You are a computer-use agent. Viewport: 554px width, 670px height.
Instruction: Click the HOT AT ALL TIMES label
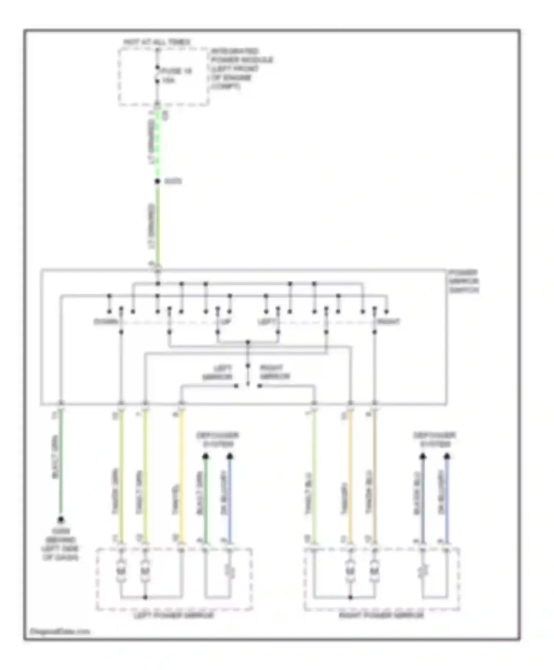157,42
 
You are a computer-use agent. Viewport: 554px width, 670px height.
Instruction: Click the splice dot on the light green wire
157,181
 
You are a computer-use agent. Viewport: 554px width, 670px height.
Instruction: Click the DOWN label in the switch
106,322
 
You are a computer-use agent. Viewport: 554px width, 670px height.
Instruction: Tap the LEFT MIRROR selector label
218,372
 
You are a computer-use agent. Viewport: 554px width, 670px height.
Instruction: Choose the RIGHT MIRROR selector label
275,372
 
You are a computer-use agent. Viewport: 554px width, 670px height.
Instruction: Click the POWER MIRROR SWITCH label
464,281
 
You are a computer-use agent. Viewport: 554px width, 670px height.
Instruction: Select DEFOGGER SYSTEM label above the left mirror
218,440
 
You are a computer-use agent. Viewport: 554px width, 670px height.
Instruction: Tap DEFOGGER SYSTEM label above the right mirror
435,440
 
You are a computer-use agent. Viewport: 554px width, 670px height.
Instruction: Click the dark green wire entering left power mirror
206,499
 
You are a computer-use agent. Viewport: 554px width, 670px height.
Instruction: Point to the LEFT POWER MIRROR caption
174,616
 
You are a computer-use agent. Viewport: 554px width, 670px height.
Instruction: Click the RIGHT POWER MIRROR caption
381,616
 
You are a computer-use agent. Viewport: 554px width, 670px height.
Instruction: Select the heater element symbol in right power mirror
423,572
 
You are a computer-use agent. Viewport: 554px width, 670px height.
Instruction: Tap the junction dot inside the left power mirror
146,597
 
